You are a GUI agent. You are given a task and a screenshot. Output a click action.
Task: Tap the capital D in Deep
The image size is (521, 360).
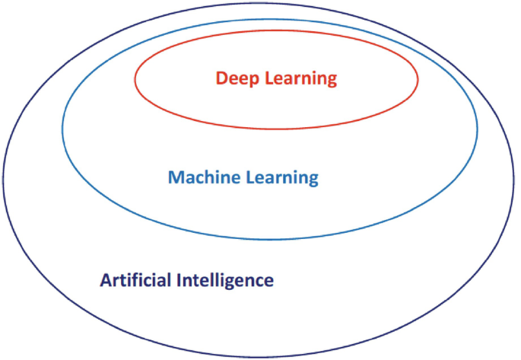pos(221,78)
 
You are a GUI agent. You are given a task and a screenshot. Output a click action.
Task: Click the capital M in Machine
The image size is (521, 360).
pos(174,178)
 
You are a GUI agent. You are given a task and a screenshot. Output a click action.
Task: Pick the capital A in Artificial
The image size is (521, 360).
pos(105,280)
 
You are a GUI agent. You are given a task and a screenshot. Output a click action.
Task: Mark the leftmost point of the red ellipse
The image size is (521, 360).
pos(135,78)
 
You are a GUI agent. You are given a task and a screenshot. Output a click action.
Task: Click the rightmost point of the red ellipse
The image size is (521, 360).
pos(418,78)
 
